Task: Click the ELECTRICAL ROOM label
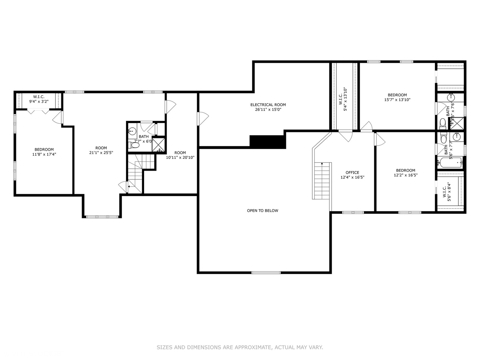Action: (268, 105)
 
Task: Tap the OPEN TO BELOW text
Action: (262, 211)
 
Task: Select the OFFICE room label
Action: (352, 173)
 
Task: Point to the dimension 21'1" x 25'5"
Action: (101, 153)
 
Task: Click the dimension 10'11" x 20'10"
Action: (180, 157)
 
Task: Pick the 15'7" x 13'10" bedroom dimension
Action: (397, 100)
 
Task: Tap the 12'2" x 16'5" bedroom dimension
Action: (406, 175)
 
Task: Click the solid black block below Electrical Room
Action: (268, 142)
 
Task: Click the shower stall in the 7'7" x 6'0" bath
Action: (159, 144)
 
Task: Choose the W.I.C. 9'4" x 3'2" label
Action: (39, 99)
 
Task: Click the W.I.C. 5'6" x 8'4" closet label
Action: (447, 192)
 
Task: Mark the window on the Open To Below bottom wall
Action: (266, 273)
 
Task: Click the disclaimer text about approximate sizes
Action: (240, 347)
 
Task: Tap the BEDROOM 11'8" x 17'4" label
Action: (44, 152)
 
